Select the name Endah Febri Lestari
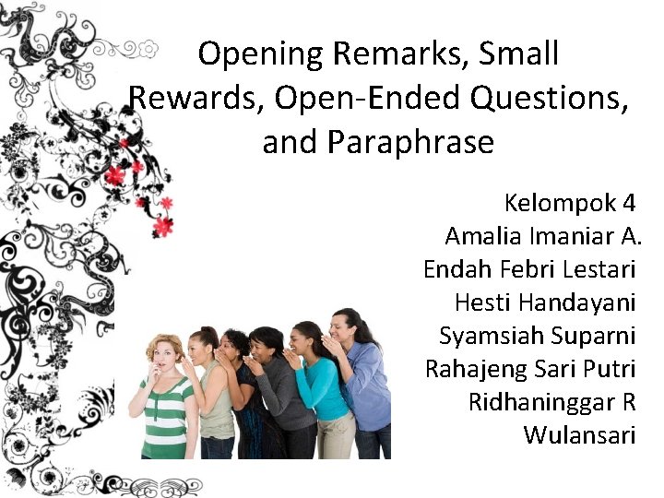[529, 269]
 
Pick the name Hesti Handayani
[545, 302]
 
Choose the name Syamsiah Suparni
[538, 336]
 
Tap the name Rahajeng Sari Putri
[530, 369]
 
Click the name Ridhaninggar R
[551, 402]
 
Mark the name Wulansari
[579, 435]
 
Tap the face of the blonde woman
[165, 356]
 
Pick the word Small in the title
[518, 53]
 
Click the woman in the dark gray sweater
[281, 397]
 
